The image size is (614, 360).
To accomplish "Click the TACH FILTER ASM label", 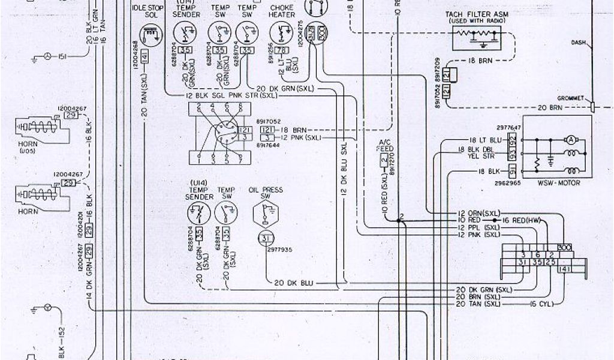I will pyautogui.click(x=474, y=13).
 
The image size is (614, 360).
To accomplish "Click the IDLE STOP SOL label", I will pyautogui.click(x=144, y=10).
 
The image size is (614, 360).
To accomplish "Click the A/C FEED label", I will pyautogui.click(x=384, y=145).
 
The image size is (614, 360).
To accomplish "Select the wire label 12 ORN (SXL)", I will pyautogui.click(x=478, y=214).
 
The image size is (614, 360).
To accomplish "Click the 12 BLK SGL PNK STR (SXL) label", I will pyautogui.click(x=232, y=96).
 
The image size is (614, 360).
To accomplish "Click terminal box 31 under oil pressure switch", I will pyautogui.click(x=265, y=239).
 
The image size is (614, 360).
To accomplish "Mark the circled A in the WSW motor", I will pyautogui.click(x=571, y=139).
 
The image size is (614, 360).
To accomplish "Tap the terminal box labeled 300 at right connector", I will pyautogui.click(x=564, y=247).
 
